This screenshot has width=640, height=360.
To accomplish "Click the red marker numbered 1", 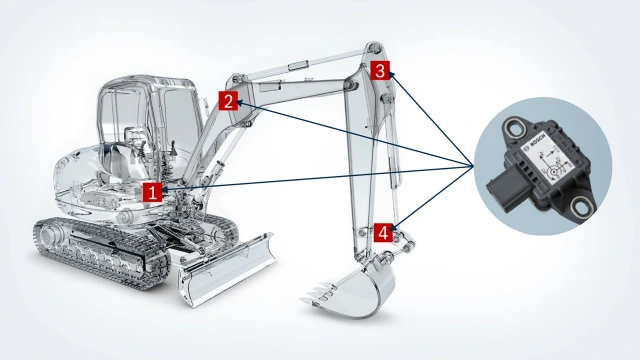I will pos(151,192).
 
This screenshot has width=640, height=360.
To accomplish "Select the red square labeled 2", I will pos(229,100).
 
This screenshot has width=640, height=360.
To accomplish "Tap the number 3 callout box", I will pos(381,70).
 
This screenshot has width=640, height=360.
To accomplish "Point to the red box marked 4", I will pos(383,232).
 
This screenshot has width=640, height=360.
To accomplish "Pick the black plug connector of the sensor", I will pos(501,186).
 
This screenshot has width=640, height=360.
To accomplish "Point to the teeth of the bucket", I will pos(318,296).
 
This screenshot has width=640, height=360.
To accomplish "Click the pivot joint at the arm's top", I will pos(373,49).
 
